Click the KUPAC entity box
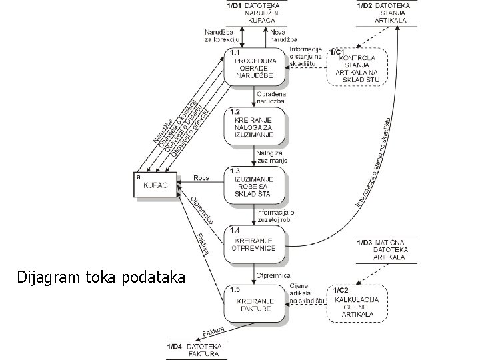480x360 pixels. [156, 185]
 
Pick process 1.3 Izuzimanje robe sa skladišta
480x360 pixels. [257, 185]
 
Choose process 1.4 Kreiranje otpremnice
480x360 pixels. [257, 244]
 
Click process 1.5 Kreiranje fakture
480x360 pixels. [257, 304]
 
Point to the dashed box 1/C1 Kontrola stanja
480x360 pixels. [357, 67]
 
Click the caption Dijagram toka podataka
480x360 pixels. [103, 277]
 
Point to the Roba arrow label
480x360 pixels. [201, 178]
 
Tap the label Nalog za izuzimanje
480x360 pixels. [272, 157]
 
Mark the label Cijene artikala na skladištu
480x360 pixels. [307, 293]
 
